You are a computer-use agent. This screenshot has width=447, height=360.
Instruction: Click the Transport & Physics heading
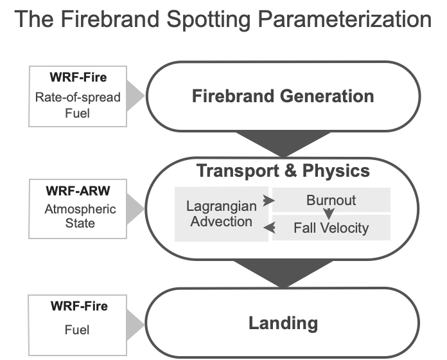[x=283, y=171]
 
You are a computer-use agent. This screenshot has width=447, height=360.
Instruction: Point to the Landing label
[x=283, y=322]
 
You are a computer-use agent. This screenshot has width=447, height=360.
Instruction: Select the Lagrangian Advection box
[x=222, y=214]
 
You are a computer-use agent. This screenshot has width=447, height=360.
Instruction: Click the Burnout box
[x=331, y=200]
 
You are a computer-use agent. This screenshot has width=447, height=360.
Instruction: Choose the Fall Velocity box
[x=331, y=228]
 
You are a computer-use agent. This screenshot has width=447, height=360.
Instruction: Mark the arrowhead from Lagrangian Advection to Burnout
[x=271, y=201]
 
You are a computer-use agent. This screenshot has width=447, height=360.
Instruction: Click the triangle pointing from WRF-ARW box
[x=136, y=208]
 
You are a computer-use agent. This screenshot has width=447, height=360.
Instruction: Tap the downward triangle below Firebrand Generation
[x=283, y=143]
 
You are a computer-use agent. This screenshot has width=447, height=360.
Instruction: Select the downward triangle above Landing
[x=283, y=274]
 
